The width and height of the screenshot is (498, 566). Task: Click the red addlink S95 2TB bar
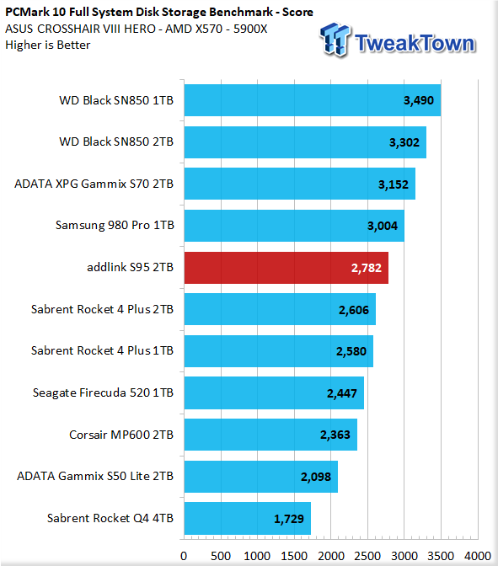(x=286, y=268)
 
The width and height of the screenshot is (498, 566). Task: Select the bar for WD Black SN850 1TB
(x=313, y=100)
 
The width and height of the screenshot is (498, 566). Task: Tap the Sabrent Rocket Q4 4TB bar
(x=248, y=518)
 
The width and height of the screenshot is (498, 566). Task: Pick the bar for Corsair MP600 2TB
(x=270, y=435)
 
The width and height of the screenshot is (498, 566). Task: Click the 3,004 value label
(x=383, y=226)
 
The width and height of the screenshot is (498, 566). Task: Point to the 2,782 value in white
(x=367, y=268)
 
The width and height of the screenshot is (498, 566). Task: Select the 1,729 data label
(x=288, y=519)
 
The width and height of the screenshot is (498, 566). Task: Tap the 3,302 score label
(x=404, y=142)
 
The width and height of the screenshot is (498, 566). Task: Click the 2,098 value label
(x=316, y=477)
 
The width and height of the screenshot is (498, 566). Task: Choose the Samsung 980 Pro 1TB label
(x=115, y=225)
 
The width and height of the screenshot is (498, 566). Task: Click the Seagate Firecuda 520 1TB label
(x=104, y=392)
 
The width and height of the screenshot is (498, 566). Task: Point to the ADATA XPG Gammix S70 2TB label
(x=94, y=184)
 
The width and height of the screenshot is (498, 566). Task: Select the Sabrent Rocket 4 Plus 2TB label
(x=102, y=309)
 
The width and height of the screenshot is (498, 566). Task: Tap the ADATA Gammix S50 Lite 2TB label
(x=95, y=476)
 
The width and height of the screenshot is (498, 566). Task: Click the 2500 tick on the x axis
(x=367, y=556)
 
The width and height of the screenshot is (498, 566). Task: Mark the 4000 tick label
(x=478, y=556)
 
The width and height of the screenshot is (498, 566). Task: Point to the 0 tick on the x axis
(x=184, y=556)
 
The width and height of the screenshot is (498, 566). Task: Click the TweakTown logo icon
(x=335, y=40)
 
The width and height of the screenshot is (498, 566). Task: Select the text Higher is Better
(x=48, y=45)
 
